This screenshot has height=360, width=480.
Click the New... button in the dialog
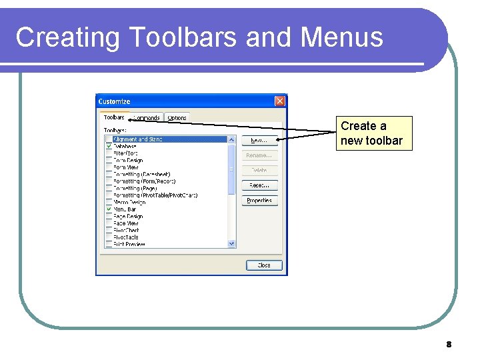259,140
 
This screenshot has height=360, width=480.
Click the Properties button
259,201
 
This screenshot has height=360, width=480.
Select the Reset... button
259,185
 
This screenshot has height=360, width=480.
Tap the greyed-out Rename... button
259,155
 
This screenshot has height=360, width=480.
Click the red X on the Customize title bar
280,101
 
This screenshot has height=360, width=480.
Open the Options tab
177,118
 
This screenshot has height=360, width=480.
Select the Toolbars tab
114,117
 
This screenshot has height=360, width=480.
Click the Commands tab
147,118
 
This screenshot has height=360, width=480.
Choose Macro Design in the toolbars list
129,203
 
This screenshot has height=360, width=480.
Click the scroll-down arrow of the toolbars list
232,244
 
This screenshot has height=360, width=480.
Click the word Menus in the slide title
341,37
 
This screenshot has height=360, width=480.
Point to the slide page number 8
449,345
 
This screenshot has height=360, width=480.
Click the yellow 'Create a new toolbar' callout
373,133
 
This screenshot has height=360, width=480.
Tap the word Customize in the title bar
115,101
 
